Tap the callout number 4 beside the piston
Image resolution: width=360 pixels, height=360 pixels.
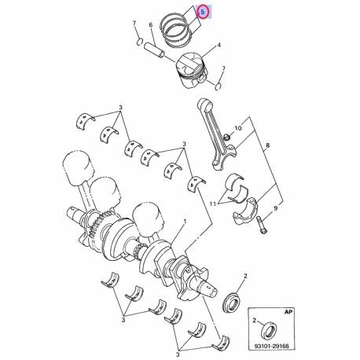[x=218, y=46]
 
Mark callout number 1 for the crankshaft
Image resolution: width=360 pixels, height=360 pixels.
[x=184, y=223]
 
